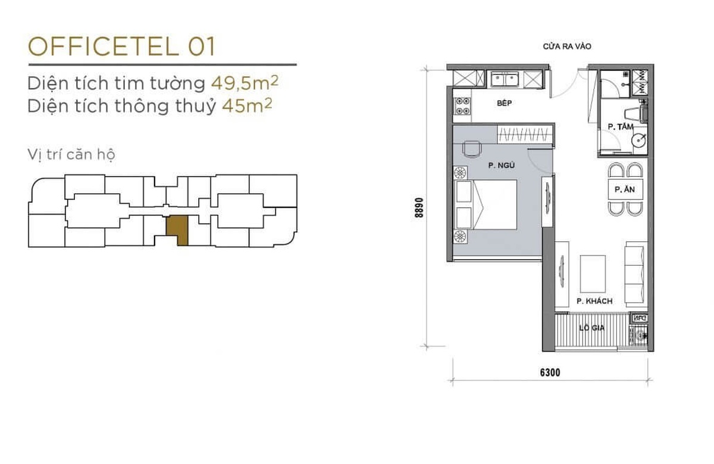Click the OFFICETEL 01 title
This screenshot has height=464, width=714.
point(121,46)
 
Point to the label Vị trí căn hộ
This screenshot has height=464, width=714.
point(71,155)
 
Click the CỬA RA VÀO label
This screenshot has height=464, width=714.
point(566,46)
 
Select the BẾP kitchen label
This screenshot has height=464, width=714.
point(505,104)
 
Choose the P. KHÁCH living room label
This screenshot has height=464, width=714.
point(594,301)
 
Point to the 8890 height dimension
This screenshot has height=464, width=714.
point(419,207)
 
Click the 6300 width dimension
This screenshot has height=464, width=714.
point(550,373)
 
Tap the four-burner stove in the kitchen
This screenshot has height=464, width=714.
point(462,106)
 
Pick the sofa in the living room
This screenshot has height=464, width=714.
point(636,272)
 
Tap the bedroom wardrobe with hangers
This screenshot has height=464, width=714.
point(525,134)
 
